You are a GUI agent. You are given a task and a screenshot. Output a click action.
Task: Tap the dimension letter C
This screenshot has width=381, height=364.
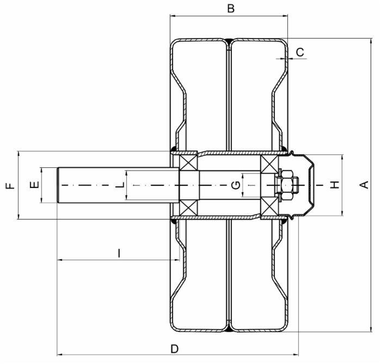tap(300, 52)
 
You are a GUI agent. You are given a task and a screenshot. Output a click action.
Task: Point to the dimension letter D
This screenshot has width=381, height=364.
tap(174, 348)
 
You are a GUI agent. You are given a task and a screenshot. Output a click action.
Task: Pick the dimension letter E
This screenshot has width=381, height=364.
tap(34, 185)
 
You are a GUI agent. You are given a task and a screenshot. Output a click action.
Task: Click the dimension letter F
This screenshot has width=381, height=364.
tap(10, 185)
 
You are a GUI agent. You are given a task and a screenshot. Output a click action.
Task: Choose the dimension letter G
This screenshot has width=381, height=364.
tap(236, 185)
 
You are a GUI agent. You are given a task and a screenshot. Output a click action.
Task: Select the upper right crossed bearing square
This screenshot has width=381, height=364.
tap(269, 165)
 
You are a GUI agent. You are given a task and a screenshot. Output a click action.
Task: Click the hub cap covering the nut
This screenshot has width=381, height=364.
tap(309, 185)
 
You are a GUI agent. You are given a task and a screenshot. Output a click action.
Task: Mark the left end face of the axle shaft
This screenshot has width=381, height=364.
tap(58, 185)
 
